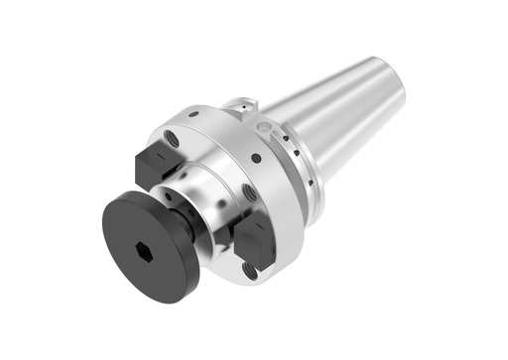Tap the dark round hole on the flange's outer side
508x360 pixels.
tap(257, 159)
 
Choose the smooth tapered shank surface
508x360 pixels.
tap(347, 109)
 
